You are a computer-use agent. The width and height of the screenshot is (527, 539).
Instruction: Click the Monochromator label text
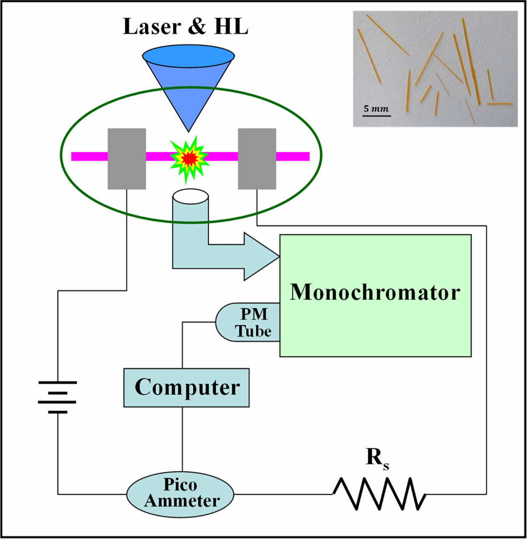[x=375, y=292]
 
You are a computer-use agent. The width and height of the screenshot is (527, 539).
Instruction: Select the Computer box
[x=187, y=388]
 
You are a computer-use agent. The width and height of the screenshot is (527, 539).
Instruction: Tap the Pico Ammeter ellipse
[x=180, y=494]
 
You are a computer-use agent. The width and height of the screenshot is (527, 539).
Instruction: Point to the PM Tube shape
[x=249, y=322]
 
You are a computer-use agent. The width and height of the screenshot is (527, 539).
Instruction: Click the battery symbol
[x=57, y=397]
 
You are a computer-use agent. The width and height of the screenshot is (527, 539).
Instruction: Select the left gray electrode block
[x=127, y=158]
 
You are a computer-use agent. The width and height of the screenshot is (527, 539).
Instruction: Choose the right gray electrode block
[x=257, y=158]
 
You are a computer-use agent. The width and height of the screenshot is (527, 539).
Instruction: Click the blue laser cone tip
[x=189, y=128]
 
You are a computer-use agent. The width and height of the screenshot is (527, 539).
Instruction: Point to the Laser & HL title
[x=186, y=26]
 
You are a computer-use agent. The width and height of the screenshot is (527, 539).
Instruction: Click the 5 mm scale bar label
[x=376, y=109]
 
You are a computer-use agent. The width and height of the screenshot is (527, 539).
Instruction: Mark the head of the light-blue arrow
[x=261, y=256]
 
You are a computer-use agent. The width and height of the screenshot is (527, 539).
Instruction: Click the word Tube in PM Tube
[x=253, y=331]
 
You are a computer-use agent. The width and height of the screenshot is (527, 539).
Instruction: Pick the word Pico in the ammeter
[x=180, y=485]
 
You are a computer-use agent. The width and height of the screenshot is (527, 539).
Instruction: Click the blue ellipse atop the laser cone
[x=188, y=55]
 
